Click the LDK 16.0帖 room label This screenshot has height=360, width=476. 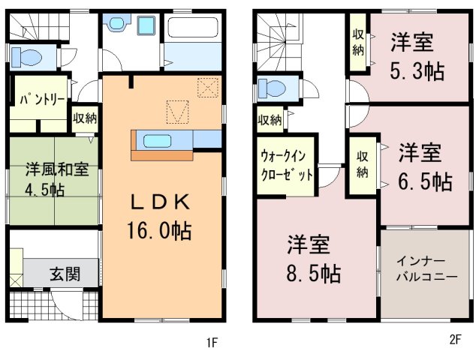point(160,217)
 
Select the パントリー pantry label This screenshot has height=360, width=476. point(42,99)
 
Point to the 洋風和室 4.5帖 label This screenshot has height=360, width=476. point(57,179)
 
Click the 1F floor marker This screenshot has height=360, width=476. point(212,343)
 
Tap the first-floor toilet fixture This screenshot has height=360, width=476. point(27,57)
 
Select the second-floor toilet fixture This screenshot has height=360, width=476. point(272,88)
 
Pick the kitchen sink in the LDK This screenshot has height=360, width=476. point(157,141)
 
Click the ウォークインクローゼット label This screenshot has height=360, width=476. point(287,166)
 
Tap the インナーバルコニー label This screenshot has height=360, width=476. point(426,268)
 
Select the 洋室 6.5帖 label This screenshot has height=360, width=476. point(425,167)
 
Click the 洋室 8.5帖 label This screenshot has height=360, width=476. point(313,259)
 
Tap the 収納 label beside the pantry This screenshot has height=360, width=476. point(85,118)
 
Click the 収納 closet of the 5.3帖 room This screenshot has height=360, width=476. point(358,43)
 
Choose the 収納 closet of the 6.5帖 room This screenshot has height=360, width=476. point(363,165)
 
